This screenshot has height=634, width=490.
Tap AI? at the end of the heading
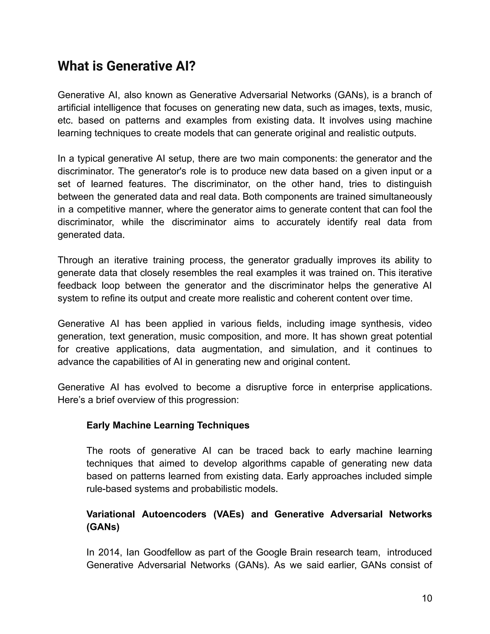click(185, 66)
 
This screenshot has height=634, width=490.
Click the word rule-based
click(109, 489)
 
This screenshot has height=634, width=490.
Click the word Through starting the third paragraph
click(75, 260)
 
